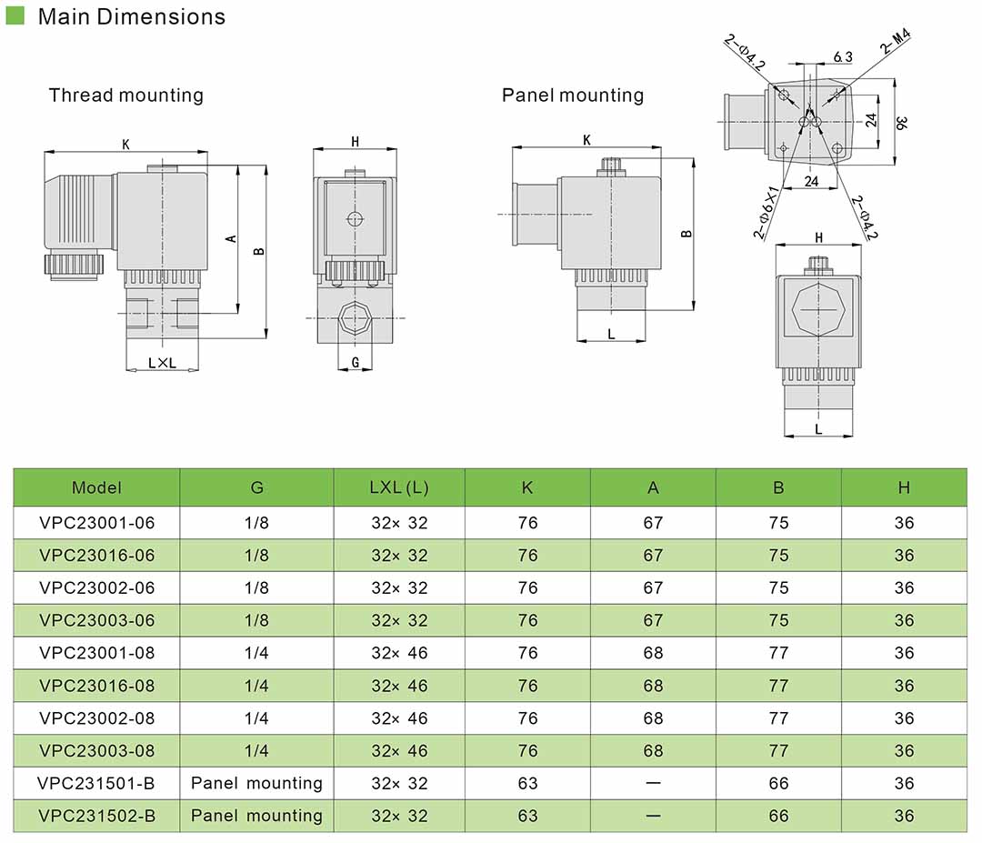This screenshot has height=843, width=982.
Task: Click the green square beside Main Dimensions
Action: (x=15, y=16)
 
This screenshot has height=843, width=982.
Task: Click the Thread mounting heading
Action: (x=126, y=95)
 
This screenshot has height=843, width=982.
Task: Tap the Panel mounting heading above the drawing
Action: (x=573, y=95)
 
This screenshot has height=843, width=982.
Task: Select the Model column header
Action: (x=96, y=487)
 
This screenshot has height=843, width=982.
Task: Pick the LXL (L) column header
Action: (x=399, y=487)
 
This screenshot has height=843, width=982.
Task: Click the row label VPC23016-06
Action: (x=97, y=556)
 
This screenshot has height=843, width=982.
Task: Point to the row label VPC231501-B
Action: (x=97, y=783)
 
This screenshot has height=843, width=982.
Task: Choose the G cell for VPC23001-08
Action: (x=257, y=653)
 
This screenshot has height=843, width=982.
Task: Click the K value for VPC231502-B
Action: (x=527, y=816)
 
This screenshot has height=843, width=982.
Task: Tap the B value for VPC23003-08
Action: (x=778, y=751)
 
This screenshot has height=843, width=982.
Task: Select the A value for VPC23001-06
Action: (x=653, y=523)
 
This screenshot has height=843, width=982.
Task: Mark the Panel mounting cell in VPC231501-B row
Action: (x=257, y=783)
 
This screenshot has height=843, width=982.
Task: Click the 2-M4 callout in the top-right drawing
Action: (x=895, y=42)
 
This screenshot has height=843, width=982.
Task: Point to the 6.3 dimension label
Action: (x=843, y=57)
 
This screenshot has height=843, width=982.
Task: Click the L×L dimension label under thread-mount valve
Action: (x=162, y=363)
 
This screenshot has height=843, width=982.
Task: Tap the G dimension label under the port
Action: (x=356, y=362)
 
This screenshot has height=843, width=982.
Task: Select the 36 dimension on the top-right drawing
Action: (x=899, y=122)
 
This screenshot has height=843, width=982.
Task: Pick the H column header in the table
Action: (x=904, y=487)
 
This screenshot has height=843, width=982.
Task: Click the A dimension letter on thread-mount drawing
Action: (x=231, y=238)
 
